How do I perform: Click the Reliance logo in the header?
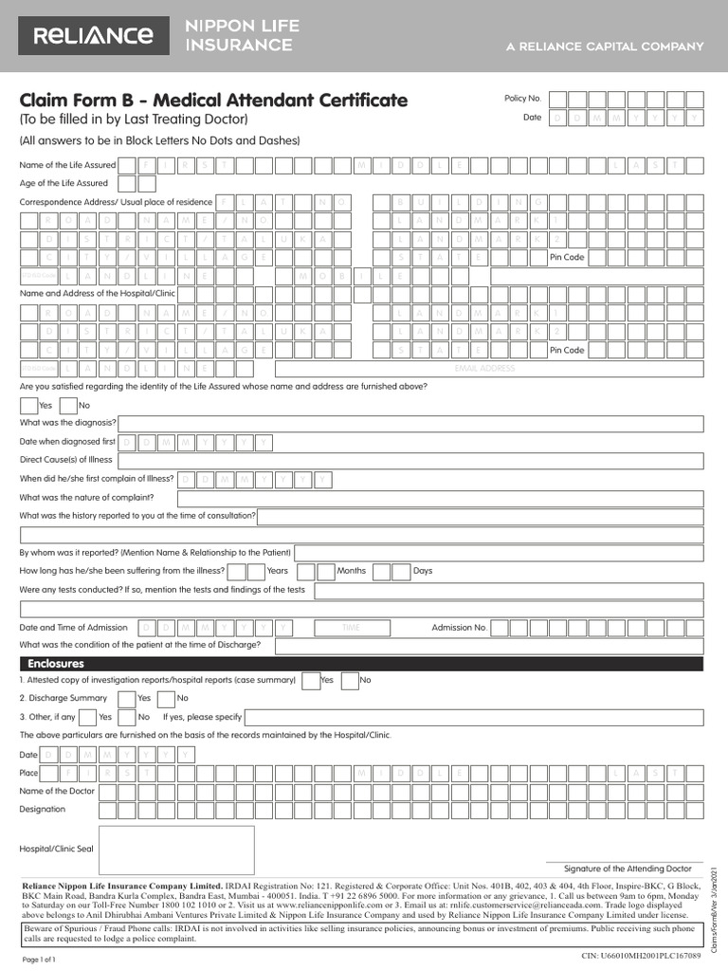pyautogui.click(x=93, y=36)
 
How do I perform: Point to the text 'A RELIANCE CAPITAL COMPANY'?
pyautogui.click(x=605, y=46)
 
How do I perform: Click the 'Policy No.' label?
pyautogui.click(x=522, y=99)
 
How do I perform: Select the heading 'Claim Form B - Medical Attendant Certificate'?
pyautogui.click(x=214, y=100)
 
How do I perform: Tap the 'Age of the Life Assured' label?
pyautogui.click(x=64, y=183)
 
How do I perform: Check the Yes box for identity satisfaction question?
pyautogui.click(x=28, y=405)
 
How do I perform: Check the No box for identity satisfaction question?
pyautogui.click(x=68, y=405)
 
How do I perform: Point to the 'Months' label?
pyautogui.click(x=351, y=571)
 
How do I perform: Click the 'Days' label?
pyautogui.click(x=423, y=571)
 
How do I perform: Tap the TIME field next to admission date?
pyautogui.click(x=351, y=628)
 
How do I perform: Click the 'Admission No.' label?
pyautogui.click(x=459, y=628)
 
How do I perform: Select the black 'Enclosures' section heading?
pyautogui.click(x=56, y=664)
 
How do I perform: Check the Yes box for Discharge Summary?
pyautogui.click(x=126, y=699)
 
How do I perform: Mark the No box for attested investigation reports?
pyautogui.click(x=350, y=680)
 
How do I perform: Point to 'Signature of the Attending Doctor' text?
pyautogui.click(x=628, y=869)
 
